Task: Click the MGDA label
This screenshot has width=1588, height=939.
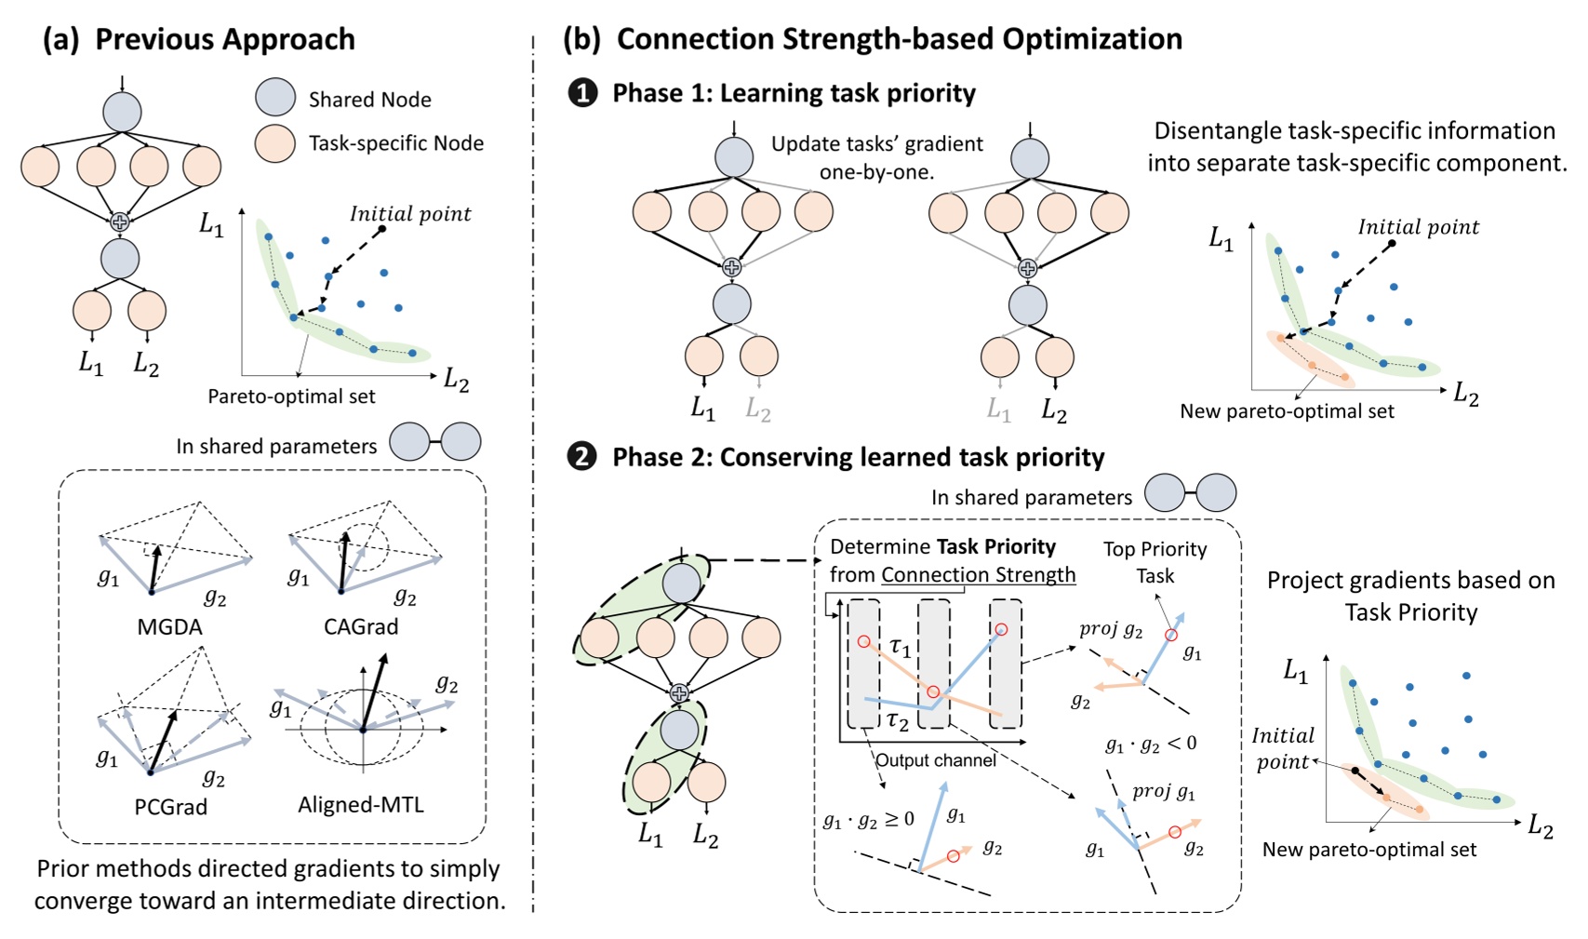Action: (x=169, y=626)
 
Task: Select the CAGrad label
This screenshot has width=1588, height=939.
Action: (x=361, y=626)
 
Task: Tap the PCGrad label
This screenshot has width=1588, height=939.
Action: (x=170, y=806)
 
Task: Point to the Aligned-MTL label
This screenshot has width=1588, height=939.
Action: (x=361, y=804)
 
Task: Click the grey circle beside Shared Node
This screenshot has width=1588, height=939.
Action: (x=274, y=98)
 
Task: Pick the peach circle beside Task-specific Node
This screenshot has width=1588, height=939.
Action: (x=274, y=143)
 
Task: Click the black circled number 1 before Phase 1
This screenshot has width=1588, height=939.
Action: (x=582, y=93)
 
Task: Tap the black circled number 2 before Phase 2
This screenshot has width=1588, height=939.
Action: (x=582, y=457)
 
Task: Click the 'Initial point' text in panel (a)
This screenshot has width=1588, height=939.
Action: (x=410, y=214)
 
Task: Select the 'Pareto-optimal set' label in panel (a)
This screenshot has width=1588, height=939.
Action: (x=291, y=396)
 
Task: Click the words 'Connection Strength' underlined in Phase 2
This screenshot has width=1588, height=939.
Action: (x=978, y=574)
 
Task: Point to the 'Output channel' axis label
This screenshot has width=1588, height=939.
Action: (x=935, y=760)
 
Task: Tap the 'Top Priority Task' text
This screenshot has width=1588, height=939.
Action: (x=1154, y=562)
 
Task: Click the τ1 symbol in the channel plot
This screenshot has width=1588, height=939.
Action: (x=900, y=646)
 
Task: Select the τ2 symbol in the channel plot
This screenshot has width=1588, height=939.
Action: (x=897, y=718)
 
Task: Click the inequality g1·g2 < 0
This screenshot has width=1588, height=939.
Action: (x=1150, y=744)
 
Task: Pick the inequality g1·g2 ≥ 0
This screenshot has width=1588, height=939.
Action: (x=868, y=819)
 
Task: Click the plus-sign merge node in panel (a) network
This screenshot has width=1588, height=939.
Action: (x=120, y=221)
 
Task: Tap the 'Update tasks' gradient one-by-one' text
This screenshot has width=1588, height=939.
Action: (x=876, y=157)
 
